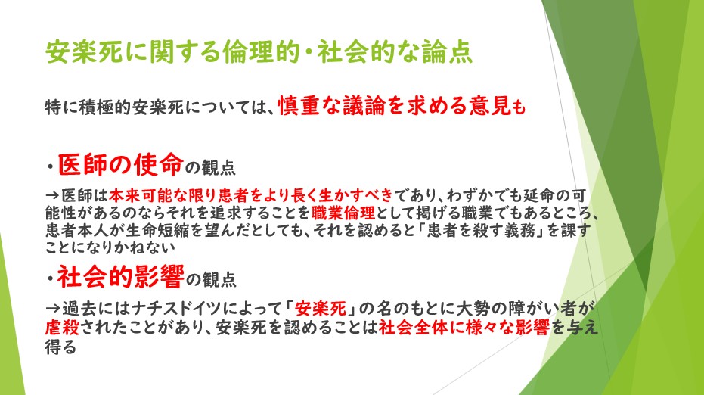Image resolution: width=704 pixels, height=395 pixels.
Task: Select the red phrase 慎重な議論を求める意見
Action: point(395,106)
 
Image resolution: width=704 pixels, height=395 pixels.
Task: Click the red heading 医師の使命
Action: point(121,164)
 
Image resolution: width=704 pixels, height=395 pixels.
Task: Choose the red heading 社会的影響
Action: point(120,276)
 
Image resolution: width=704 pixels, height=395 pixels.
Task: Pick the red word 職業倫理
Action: point(343,212)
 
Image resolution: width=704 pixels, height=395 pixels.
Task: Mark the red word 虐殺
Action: point(62,327)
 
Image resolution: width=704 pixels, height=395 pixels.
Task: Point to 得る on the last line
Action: point(60,346)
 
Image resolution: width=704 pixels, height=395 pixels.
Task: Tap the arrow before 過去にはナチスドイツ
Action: point(53,309)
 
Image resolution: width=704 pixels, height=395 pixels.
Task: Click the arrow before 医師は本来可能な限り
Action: point(53,195)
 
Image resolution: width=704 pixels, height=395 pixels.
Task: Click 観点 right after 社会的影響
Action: point(219,279)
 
